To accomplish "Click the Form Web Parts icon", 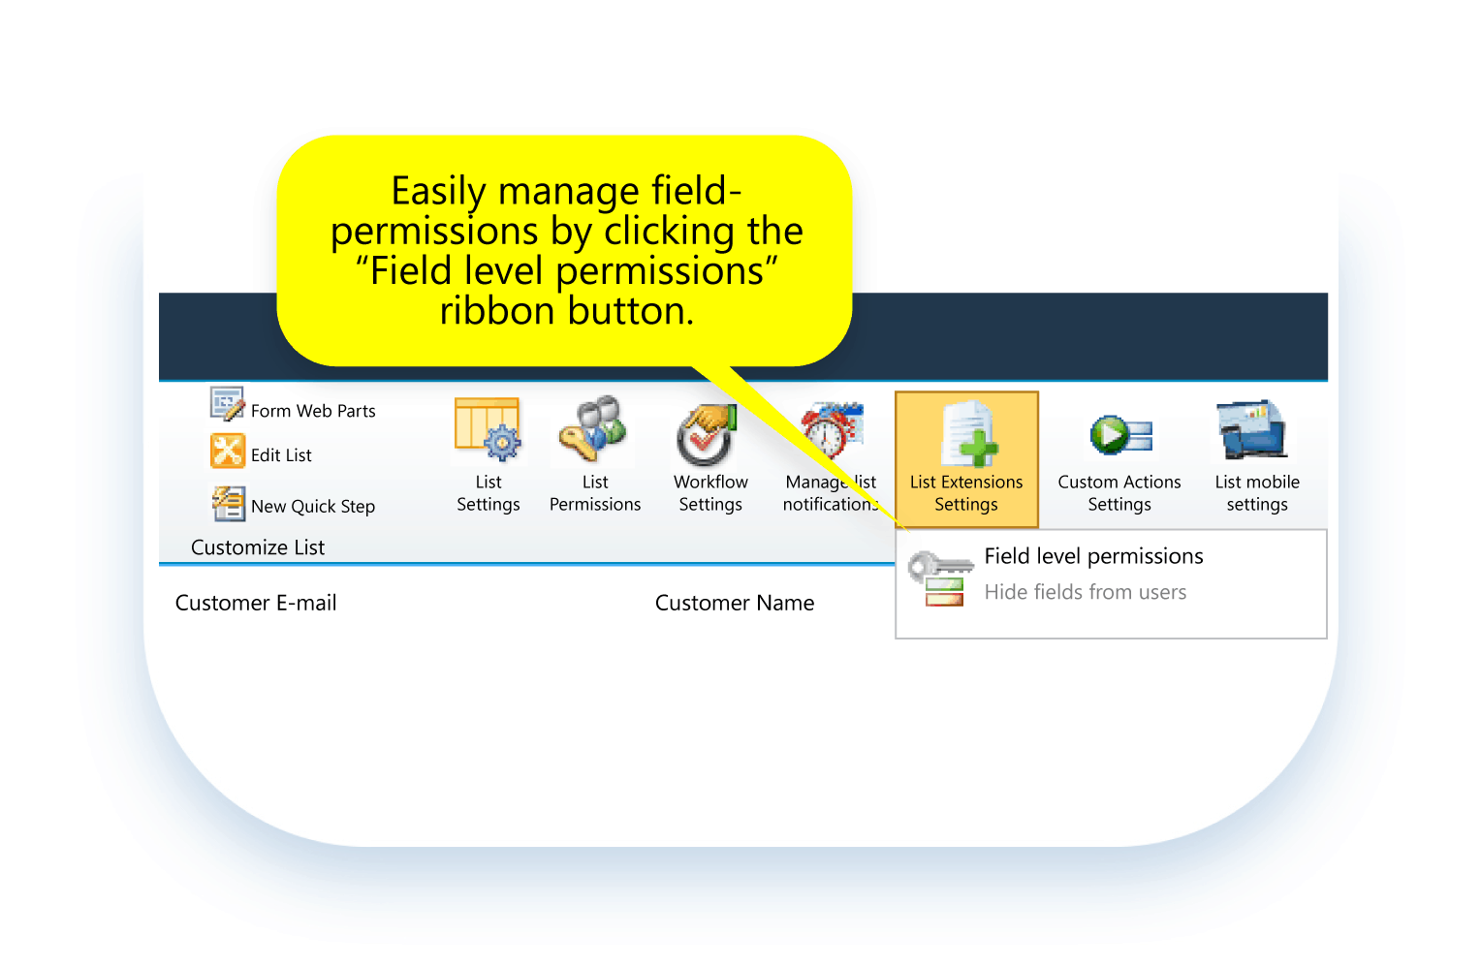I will (228, 404).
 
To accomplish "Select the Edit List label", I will (281, 455).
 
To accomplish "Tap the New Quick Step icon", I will (229, 503).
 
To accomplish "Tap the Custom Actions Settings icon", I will (1120, 435).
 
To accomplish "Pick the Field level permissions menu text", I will (1093, 556).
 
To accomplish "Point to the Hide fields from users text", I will (1085, 592).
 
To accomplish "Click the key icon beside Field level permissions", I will (937, 577).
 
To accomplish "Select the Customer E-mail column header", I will (256, 603).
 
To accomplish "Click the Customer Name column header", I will (735, 603).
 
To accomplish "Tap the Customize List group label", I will (258, 547).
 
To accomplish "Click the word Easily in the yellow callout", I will (438, 192).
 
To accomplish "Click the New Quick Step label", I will (312, 507).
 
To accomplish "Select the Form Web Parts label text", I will (313, 411).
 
